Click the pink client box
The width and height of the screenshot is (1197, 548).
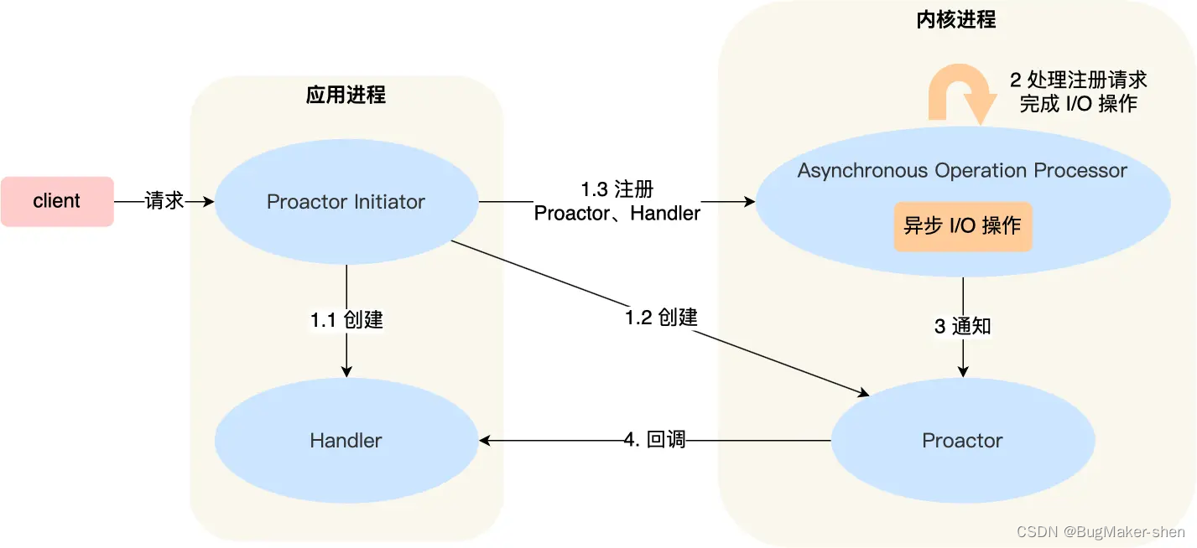point(57,201)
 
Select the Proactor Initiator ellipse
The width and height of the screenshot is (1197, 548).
point(346,202)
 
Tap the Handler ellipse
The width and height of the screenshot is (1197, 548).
point(346,440)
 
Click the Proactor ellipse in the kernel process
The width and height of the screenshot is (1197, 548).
point(962,440)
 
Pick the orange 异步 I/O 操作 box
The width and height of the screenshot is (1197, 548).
point(962,226)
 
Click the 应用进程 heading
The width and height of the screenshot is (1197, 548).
point(346,95)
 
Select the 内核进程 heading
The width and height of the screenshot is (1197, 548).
point(956,20)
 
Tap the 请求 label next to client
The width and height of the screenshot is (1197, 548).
point(164,201)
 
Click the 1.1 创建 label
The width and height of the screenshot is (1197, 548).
point(346,319)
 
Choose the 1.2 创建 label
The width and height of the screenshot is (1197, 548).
point(661,318)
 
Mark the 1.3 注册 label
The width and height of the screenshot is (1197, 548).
point(617,189)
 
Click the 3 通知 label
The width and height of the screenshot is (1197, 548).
point(962,326)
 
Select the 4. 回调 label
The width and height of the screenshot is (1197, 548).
point(654,440)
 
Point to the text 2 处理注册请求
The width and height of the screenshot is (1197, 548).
point(1078,80)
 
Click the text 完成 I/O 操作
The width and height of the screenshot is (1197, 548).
point(1078,104)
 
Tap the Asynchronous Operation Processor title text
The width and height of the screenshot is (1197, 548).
point(962,171)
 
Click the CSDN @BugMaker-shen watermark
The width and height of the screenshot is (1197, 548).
point(1101,532)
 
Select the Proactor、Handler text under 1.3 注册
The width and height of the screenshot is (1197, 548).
point(617,214)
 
